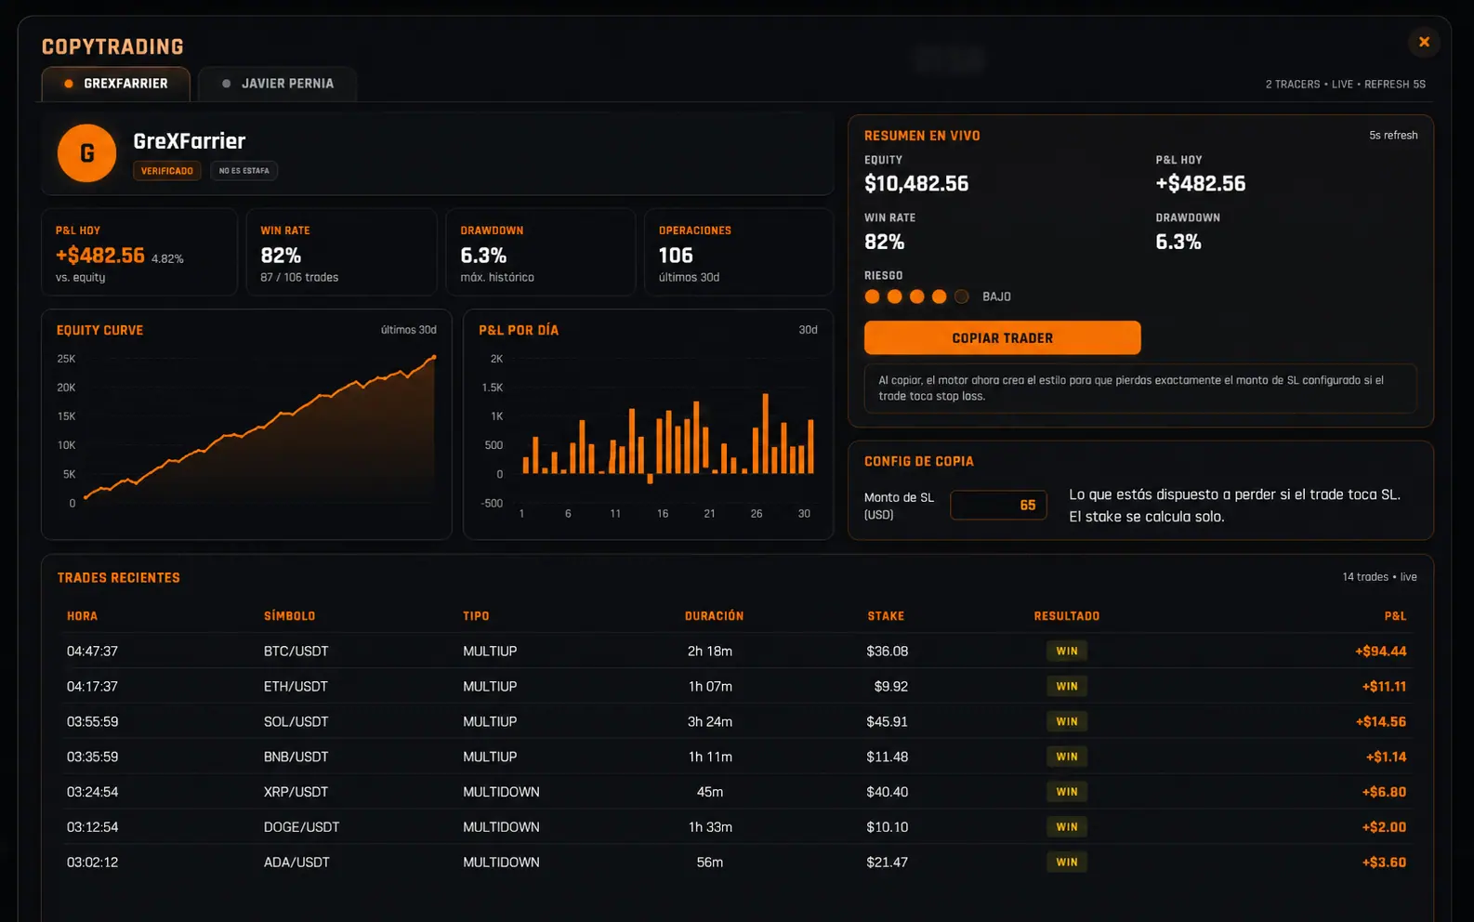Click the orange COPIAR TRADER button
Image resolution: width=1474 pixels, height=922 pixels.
coord(1002,337)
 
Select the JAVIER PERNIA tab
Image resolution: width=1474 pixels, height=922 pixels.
coord(278,84)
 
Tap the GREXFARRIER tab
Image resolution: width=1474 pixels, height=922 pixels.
coord(116,84)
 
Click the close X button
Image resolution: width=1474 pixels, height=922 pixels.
coord(1424,42)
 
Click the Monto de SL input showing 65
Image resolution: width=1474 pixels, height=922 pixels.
coord(998,506)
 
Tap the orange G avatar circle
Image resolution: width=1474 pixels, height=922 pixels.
coord(86,153)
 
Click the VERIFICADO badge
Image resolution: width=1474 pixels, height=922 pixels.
coord(167,170)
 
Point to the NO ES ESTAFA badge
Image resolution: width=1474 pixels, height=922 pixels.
coord(244,170)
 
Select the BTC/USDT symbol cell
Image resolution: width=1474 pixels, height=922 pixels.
coord(296,651)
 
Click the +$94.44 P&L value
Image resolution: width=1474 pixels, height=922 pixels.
coord(1380,651)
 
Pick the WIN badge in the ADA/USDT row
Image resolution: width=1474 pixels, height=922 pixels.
coord(1067,863)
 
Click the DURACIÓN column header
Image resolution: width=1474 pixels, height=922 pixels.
coord(714,616)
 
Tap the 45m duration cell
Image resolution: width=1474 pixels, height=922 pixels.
coord(709,792)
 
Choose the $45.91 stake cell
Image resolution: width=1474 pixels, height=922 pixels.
coord(887,721)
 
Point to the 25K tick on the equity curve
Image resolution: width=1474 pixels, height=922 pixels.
coord(67,359)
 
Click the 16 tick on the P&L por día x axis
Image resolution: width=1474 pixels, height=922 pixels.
coord(663,513)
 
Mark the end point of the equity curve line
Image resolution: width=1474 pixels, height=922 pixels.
coord(434,357)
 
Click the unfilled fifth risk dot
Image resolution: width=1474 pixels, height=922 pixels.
coord(961,296)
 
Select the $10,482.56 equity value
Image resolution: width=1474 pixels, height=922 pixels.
coord(916,184)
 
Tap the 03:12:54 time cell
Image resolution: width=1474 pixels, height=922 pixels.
coord(93,827)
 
